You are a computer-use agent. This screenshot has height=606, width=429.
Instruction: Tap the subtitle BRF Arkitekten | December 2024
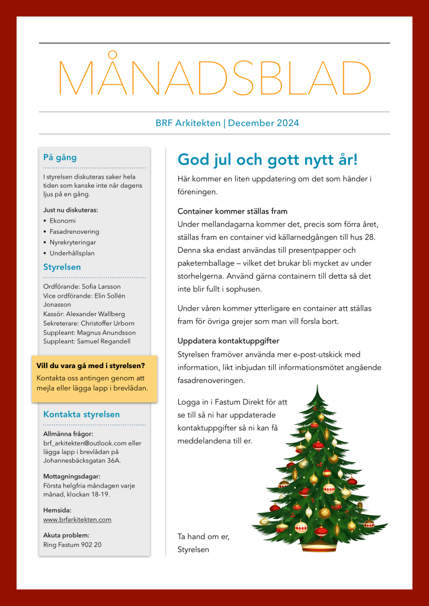click(x=227, y=123)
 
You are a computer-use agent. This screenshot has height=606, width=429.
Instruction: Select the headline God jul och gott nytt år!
click(x=268, y=160)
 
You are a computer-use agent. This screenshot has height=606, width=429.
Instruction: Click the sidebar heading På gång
click(x=60, y=157)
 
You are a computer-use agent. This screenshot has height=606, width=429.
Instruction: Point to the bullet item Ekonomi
click(x=63, y=221)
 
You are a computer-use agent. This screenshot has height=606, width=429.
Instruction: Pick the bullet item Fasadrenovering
click(x=75, y=231)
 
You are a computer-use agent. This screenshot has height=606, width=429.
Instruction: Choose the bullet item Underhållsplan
click(x=72, y=253)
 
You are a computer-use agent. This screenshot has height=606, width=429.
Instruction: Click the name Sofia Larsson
click(x=101, y=286)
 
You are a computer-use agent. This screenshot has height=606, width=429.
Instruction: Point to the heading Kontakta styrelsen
click(x=81, y=414)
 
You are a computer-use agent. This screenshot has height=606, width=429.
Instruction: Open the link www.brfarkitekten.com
click(x=77, y=520)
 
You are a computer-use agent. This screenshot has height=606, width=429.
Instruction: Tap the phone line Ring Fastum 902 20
click(x=72, y=544)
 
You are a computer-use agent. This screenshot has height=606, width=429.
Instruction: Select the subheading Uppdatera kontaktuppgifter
click(x=228, y=341)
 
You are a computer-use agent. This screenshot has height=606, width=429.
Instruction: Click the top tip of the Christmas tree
click(x=317, y=387)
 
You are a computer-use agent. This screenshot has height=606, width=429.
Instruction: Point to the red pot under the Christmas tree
click(x=320, y=546)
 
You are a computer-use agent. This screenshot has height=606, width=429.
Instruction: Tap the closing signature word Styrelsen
click(x=193, y=550)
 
